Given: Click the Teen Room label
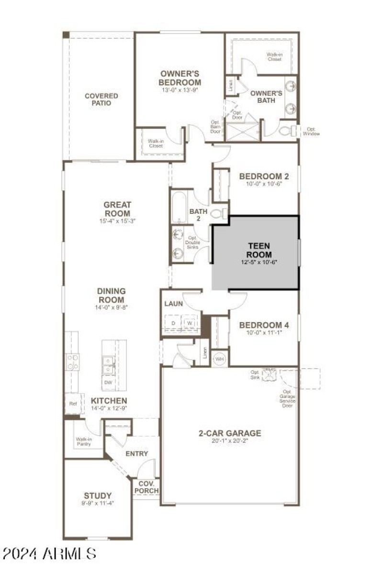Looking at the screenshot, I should click(259, 250).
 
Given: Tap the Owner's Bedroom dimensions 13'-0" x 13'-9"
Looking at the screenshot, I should click(180, 90).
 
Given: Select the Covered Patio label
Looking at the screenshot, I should click(101, 99).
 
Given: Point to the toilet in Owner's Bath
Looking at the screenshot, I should click(287, 130).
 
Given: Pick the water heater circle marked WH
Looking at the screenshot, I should click(219, 359).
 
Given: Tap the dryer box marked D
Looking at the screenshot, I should click(173, 323).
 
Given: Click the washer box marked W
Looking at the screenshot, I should click(190, 323).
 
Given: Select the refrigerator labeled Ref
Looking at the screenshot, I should click(72, 404).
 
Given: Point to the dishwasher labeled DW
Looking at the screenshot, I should click(108, 382).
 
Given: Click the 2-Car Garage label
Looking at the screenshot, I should click(230, 433).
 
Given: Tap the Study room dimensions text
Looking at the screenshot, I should click(98, 503).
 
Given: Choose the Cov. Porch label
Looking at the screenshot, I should click(146, 487).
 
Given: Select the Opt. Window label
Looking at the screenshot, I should click(311, 131).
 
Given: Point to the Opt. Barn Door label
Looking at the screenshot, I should click(215, 127).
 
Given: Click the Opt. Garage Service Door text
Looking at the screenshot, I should click(287, 398).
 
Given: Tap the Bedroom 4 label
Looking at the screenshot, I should click(264, 325).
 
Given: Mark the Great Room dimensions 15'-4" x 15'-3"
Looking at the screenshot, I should click(117, 221).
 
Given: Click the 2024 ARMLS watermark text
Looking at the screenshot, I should click(49, 554).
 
